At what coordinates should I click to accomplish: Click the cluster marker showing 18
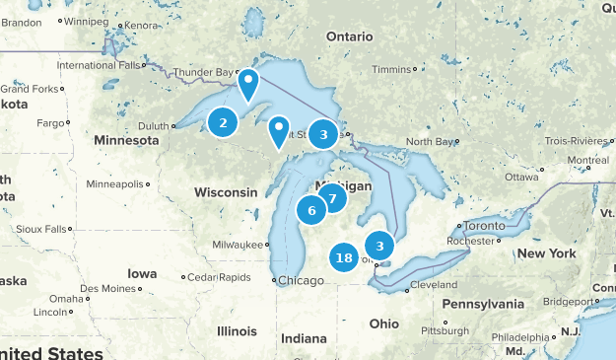(x=344, y=258)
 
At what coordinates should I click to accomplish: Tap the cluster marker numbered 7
(x=332, y=198)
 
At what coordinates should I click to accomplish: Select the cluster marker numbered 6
(x=311, y=209)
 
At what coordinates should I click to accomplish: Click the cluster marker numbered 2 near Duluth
(x=224, y=122)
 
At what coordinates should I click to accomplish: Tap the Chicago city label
(x=301, y=280)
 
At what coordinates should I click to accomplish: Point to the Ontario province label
(x=350, y=36)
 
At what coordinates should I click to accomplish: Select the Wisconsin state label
(x=227, y=191)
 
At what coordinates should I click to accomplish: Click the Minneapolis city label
(x=114, y=184)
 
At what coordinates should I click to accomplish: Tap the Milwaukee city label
(x=240, y=245)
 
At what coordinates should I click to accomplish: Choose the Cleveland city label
(x=434, y=285)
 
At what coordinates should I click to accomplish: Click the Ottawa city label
(x=521, y=178)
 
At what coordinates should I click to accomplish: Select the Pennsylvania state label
(x=493, y=304)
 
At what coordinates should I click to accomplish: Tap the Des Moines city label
(x=105, y=289)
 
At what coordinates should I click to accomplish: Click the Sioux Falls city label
(x=41, y=229)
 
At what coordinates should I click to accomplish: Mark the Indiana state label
(x=303, y=338)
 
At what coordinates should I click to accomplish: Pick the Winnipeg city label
(x=87, y=21)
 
